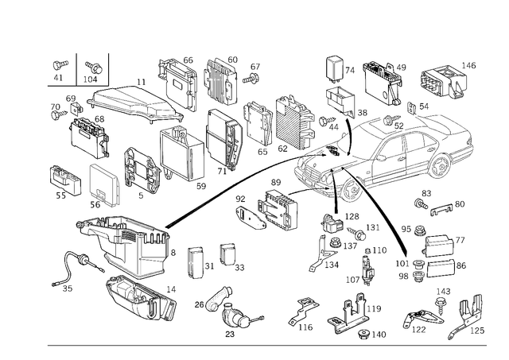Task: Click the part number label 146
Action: point(468,65)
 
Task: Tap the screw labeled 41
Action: point(60,65)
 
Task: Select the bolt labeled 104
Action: point(94,67)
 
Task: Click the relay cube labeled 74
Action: point(335,68)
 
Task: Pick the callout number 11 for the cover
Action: point(141,82)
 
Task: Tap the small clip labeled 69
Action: point(76,109)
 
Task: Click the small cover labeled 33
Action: point(227,254)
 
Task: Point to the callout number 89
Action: point(276,182)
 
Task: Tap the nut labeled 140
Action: point(363,335)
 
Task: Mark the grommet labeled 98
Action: point(418,277)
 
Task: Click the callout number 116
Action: point(305,327)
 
